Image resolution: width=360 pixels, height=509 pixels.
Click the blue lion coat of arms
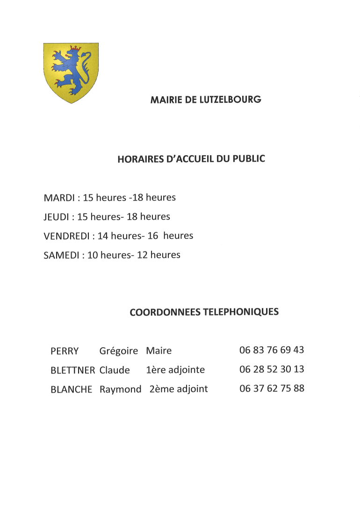click(71, 72)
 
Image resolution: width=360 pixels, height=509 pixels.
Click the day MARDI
click(59, 198)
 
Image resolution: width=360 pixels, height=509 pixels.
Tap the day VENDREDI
click(66, 236)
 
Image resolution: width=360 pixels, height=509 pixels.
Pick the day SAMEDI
click(61, 255)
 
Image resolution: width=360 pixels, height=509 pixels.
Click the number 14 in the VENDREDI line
click(103, 236)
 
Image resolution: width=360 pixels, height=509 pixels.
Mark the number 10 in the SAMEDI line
click(93, 255)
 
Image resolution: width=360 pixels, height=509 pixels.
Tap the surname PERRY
click(65, 351)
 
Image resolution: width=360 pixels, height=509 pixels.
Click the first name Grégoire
click(119, 351)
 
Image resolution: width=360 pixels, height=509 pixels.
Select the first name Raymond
click(120, 389)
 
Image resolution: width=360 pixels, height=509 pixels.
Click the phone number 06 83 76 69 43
click(272, 350)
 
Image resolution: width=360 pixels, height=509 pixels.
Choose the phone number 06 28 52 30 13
click(272, 369)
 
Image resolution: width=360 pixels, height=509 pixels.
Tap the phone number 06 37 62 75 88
click(272, 388)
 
